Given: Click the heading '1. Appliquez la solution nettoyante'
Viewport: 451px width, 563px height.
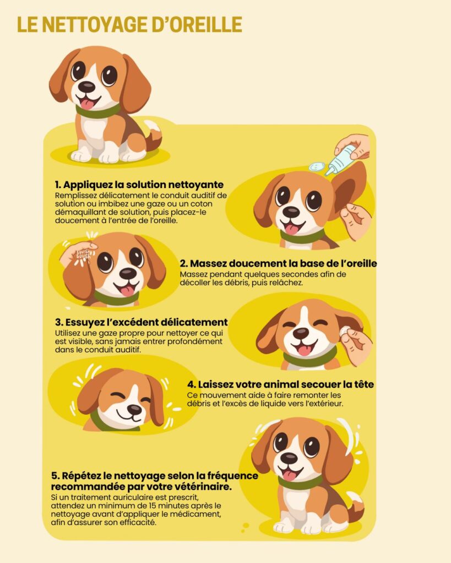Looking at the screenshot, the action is point(139,185).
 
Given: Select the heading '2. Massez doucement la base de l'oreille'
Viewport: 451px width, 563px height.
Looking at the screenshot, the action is point(279,263).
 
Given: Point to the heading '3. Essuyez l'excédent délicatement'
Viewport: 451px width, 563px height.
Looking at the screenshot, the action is point(142,322).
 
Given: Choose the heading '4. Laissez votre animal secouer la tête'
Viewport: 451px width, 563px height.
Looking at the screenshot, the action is point(280,384).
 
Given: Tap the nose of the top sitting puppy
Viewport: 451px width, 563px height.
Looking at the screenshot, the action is point(86,86).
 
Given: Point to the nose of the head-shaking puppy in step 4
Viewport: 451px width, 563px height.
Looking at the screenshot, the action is point(134,409).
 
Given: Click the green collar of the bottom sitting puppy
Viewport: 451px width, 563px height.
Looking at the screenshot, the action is point(300,483).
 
